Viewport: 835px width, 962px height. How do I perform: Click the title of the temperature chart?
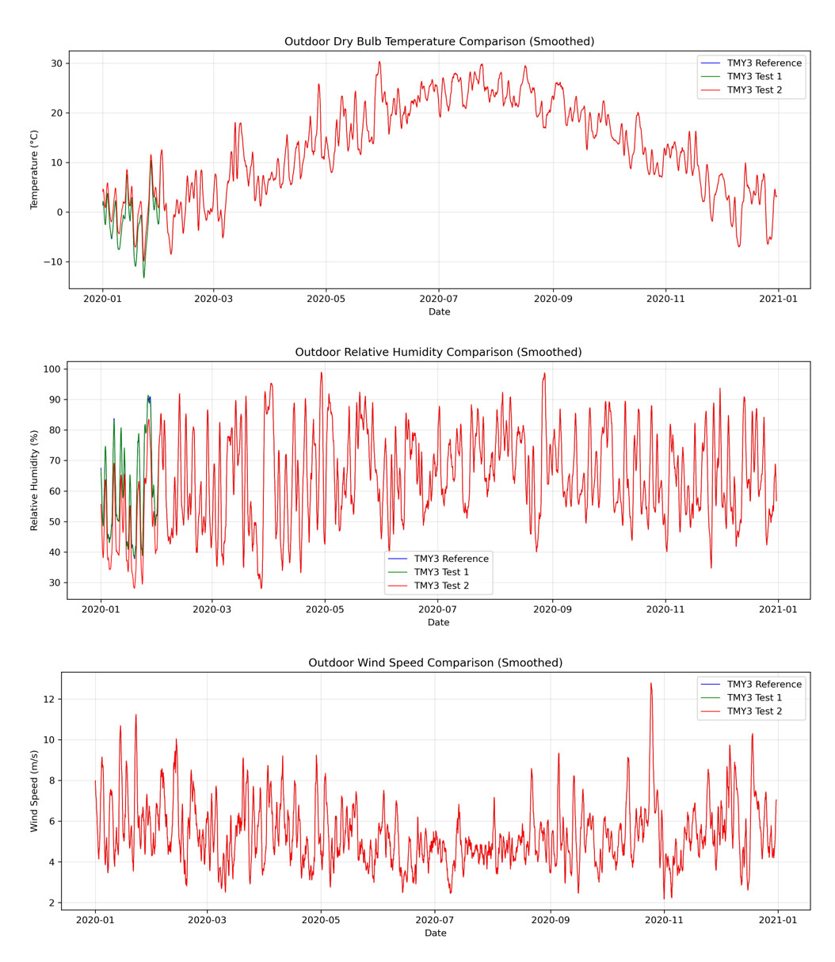point(439,42)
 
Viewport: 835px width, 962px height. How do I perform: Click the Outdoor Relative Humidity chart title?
point(438,353)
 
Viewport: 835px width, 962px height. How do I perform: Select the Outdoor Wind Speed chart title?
point(435,663)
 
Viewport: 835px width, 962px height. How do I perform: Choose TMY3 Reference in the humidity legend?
point(451,559)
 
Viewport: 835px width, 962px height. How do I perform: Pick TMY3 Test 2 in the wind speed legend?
point(756,712)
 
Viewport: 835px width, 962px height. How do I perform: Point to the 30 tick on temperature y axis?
point(56,63)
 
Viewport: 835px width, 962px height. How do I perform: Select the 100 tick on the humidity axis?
point(51,369)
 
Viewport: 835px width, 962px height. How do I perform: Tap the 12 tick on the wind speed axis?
point(48,700)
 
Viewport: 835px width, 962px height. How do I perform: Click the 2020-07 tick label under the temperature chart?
point(438,299)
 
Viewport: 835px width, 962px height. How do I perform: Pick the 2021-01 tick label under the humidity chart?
point(777,609)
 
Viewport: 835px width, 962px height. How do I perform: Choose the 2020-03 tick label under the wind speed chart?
point(207,920)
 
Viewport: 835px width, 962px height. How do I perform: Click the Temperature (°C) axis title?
point(35,170)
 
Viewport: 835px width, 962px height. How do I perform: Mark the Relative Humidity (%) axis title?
point(35,480)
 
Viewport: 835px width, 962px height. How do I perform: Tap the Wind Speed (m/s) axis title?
point(35,791)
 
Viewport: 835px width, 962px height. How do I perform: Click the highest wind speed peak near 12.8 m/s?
point(651,683)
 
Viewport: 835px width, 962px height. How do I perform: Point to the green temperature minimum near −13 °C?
point(143,277)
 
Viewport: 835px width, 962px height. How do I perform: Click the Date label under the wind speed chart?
point(435,933)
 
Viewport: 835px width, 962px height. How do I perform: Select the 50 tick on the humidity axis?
point(55,522)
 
